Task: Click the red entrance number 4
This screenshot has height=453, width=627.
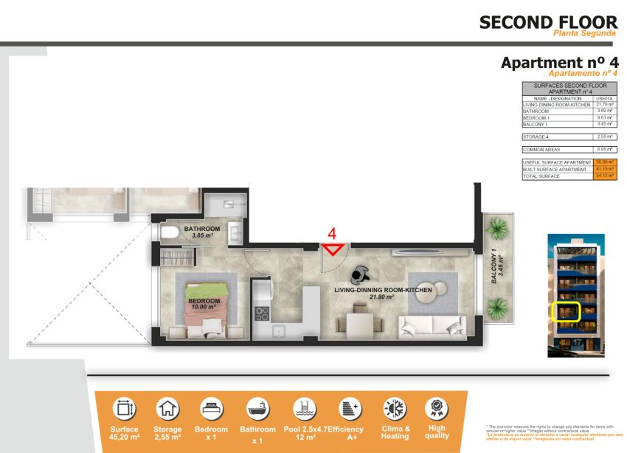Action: click(332, 233)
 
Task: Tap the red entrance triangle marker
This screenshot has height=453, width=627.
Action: click(333, 249)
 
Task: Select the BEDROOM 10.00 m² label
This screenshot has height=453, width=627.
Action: click(204, 304)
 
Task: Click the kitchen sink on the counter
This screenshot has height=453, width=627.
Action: click(280, 331)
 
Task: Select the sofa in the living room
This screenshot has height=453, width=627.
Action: click(432, 325)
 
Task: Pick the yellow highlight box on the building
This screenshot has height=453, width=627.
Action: click(567, 312)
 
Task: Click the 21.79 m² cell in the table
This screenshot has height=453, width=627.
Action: click(605, 105)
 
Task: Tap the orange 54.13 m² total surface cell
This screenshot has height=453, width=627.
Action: click(605, 176)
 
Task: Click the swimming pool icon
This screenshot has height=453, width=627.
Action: click(303, 408)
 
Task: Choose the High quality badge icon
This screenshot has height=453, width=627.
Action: click(437, 408)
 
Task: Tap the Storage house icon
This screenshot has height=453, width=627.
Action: click(167, 408)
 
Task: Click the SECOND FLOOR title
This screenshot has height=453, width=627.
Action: click(548, 22)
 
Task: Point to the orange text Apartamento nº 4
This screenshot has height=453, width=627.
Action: click(582, 74)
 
